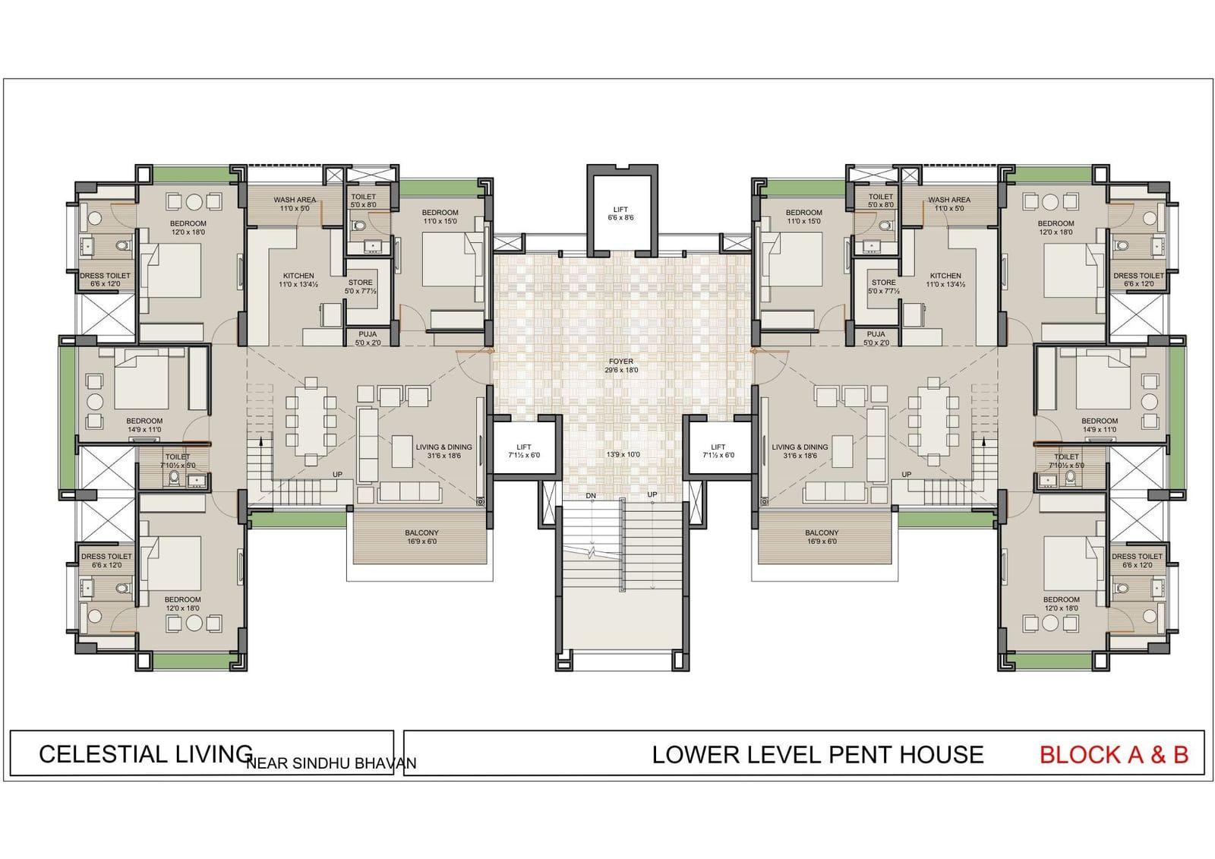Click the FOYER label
tap(621, 362)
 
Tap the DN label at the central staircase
tap(591, 495)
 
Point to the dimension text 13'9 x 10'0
tap(623, 454)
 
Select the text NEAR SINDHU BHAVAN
tap(331, 763)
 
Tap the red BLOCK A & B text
tap(1114, 755)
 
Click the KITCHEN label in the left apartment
tap(298, 276)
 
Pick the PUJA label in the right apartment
tap(876, 334)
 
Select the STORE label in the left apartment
tap(360, 283)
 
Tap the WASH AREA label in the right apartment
tap(949, 200)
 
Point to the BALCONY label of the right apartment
tap(822, 533)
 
